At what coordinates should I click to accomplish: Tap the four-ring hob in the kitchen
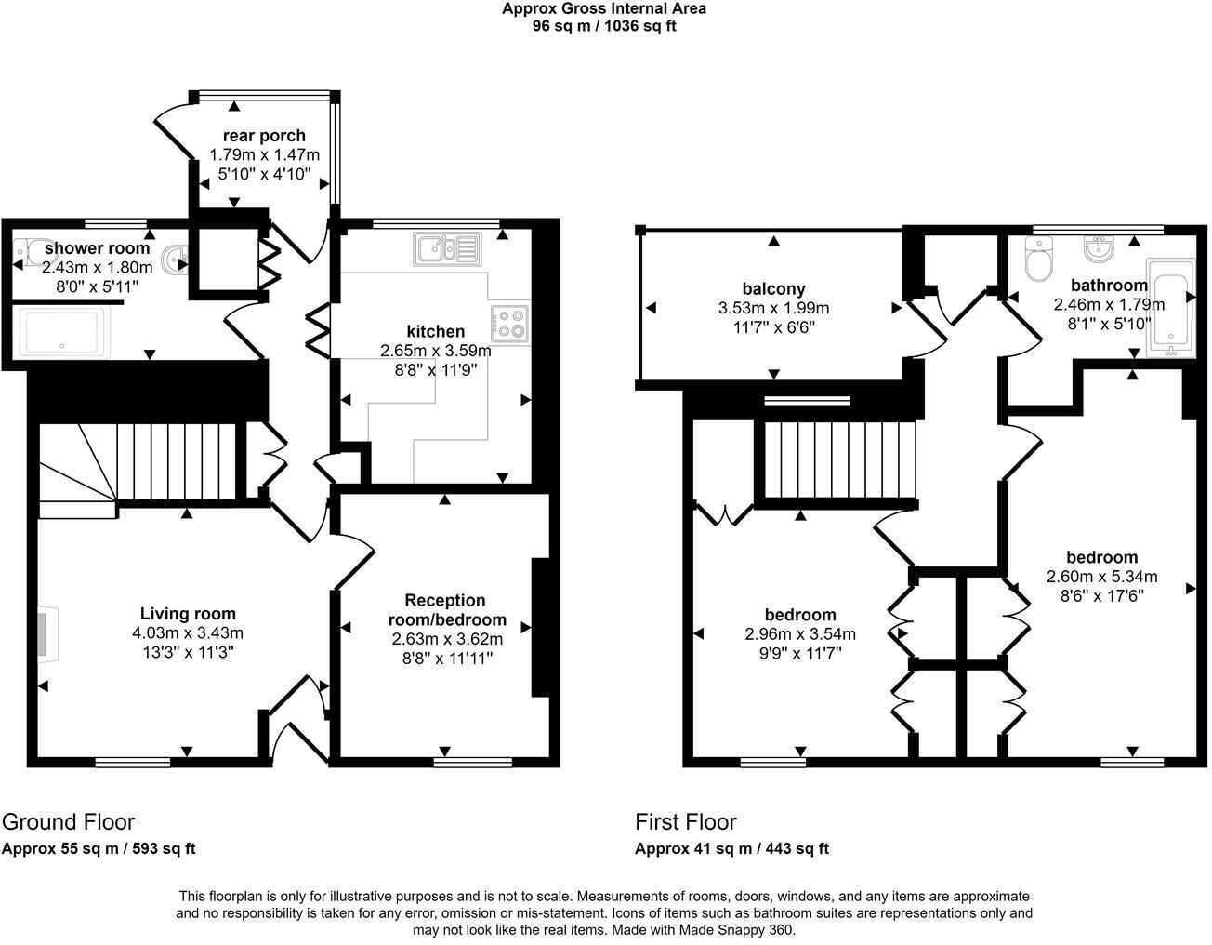pyautogui.click(x=508, y=323)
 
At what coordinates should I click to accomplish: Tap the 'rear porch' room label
pyautogui.click(x=264, y=136)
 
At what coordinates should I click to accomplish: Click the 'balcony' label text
pyautogui.click(x=773, y=288)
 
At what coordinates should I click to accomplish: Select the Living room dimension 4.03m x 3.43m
pyautogui.click(x=188, y=633)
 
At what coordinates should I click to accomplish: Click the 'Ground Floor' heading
pyautogui.click(x=68, y=822)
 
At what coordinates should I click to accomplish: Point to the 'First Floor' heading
pyautogui.click(x=685, y=822)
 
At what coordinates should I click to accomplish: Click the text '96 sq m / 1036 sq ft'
pyautogui.click(x=603, y=26)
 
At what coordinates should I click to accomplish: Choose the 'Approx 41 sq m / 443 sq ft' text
pyautogui.click(x=731, y=848)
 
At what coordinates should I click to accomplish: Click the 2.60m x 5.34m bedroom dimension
pyautogui.click(x=1101, y=577)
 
